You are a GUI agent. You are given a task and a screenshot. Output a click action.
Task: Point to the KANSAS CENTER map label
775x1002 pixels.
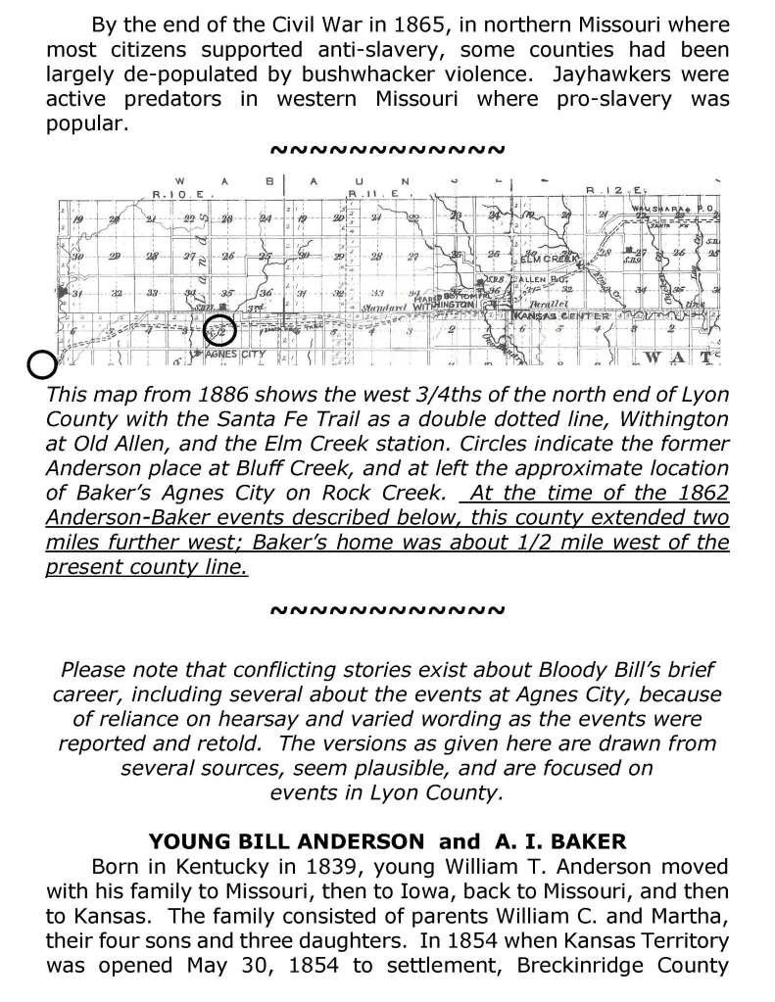point(556,315)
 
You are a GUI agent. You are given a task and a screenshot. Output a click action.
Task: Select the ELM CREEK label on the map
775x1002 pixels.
point(550,260)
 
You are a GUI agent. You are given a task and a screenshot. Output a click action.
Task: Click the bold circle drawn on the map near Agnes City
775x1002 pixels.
point(220,333)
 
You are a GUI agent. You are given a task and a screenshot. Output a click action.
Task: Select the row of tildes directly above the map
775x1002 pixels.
point(386,151)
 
